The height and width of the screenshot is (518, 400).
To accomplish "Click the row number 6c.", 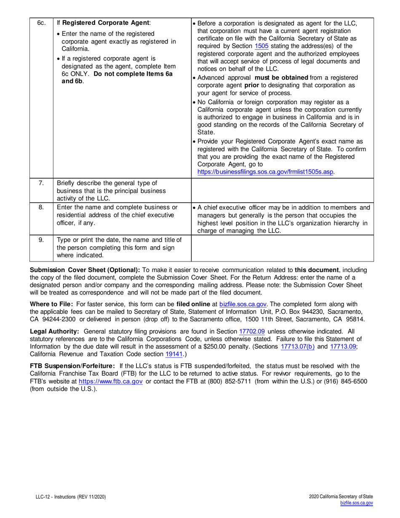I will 41,22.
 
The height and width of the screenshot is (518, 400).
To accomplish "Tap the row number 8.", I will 41,207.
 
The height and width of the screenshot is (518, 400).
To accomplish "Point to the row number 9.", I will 41,240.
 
